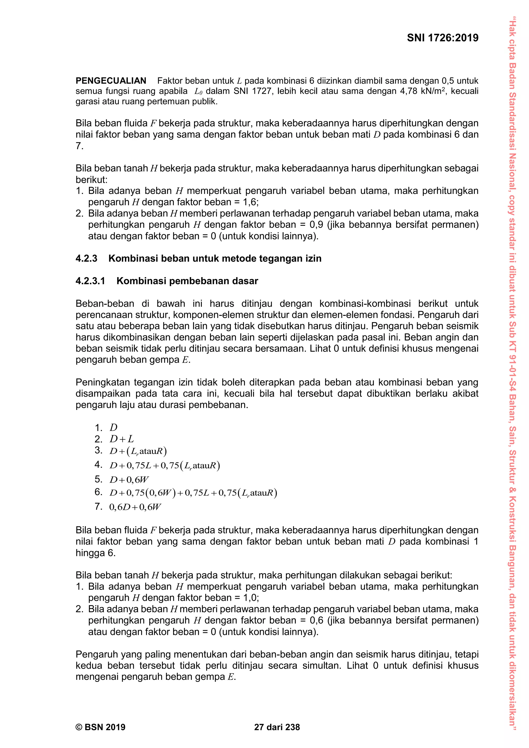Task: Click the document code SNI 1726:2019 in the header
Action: pos(442,38)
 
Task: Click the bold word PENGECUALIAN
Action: pos(111,81)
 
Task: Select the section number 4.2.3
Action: pos(86,258)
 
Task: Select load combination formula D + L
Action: pos(121,439)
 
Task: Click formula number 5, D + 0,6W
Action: pos(129,480)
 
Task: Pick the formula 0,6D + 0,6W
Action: pos(135,507)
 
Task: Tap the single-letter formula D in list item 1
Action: pos(113,427)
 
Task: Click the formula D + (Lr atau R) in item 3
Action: pos(138,451)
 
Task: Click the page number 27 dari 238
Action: pos(277,727)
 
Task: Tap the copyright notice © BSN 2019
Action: pos(100,727)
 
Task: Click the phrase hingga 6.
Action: pos(95,553)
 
